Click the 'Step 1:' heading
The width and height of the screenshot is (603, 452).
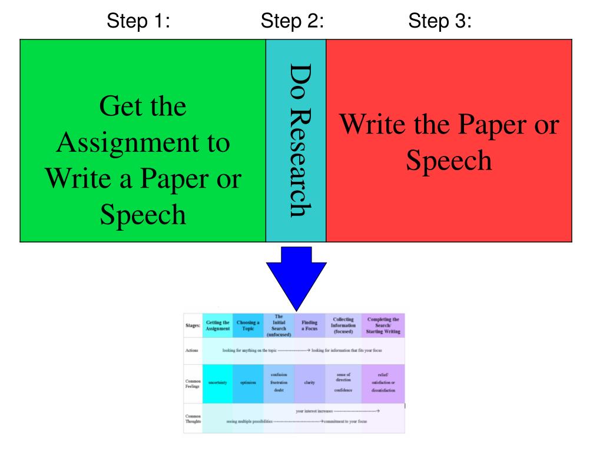138,22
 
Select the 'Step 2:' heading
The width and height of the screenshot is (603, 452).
293,22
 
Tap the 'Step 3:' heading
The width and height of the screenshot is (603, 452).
440,22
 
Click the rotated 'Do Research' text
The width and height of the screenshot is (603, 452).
296,141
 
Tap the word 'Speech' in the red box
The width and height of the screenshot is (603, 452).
449,161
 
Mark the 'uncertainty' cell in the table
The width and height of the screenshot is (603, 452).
217,382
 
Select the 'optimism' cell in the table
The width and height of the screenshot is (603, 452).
247,382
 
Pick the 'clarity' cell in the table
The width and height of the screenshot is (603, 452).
309,382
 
